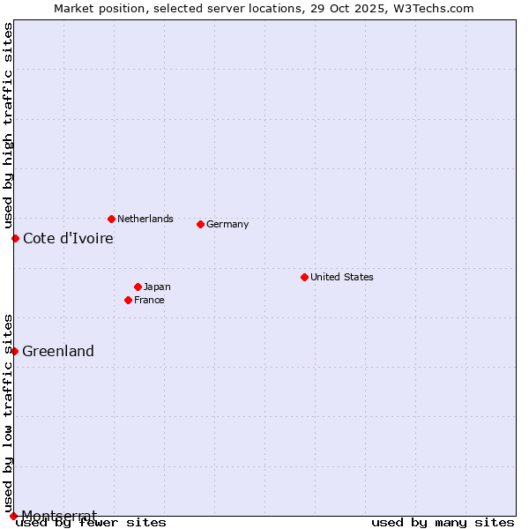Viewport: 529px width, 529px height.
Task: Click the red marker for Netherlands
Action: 111,219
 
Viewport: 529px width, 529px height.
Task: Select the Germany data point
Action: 200,224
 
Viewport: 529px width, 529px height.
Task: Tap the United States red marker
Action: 304,277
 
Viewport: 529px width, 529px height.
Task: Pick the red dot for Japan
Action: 138,287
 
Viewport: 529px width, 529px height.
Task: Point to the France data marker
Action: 128,300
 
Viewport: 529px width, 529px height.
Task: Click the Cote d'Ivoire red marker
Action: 15,238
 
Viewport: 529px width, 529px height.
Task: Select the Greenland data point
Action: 14,351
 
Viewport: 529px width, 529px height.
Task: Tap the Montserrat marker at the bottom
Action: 13,515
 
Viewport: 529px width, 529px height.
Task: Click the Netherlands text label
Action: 145,219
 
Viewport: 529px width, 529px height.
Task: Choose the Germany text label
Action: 227,224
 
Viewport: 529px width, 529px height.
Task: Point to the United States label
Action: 342,277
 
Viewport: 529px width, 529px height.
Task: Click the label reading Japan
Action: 157,287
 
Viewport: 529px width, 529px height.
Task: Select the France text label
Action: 149,300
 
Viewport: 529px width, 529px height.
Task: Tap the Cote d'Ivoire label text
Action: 68,238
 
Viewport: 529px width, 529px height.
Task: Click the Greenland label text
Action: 58,351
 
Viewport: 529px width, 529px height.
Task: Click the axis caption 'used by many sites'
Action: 443,522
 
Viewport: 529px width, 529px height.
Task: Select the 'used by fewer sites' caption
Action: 91,522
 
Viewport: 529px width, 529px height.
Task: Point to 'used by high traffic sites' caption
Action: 8,126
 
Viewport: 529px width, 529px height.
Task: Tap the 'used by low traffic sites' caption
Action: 8,413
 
